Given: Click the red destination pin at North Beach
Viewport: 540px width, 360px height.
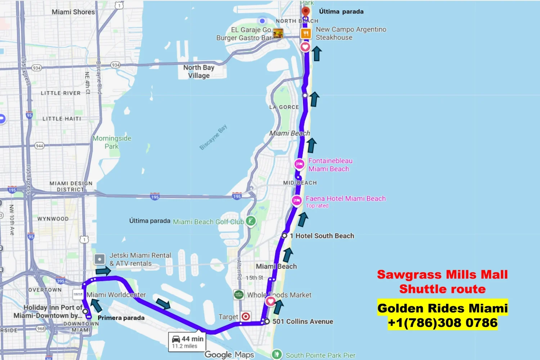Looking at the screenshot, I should point(306,12).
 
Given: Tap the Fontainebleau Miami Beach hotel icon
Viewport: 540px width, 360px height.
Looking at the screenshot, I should point(299,164).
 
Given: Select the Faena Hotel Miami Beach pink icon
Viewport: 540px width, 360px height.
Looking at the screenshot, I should point(297,201).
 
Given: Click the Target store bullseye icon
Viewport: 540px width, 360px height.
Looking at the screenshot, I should point(246,316).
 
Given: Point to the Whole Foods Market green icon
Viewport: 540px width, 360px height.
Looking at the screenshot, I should point(239,294).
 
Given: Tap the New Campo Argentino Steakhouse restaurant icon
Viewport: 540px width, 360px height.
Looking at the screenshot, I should point(306,33).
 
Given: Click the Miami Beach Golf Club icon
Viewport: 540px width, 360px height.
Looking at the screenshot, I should point(251,221).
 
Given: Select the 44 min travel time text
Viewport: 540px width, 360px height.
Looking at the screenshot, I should point(192,339).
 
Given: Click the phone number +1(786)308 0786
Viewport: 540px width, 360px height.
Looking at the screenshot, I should point(442,323).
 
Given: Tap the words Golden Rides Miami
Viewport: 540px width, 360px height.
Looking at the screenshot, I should point(442,308).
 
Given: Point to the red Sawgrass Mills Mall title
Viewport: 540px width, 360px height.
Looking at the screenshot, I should point(442,275).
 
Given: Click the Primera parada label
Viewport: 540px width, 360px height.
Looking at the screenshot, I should point(121,318).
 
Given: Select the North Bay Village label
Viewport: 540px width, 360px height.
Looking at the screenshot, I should point(199,71).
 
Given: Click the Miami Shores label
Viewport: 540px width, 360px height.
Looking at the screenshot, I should point(73,12).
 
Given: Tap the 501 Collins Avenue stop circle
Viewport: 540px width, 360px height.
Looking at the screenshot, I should point(267,321).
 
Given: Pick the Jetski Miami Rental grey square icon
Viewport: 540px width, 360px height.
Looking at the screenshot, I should point(99,259).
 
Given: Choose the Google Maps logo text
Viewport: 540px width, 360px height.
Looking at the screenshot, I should point(229,355).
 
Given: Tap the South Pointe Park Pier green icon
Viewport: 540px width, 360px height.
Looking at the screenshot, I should point(276,355).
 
